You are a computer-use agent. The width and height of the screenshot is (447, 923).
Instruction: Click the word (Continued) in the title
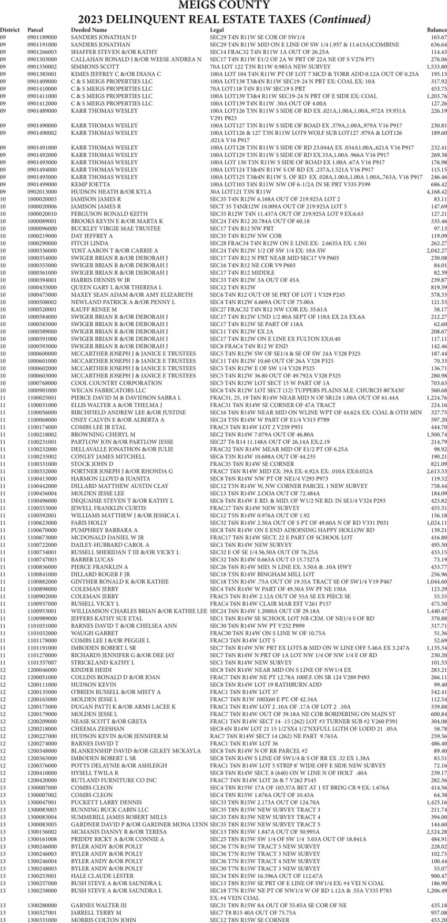click(x=340, y=19)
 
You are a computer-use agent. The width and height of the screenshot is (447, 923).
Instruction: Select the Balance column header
click(x=436, y=31)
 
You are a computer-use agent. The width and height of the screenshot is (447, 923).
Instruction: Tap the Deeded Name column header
click(x=89, y=31)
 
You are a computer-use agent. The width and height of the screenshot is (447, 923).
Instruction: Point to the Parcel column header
click(x=35, y=31)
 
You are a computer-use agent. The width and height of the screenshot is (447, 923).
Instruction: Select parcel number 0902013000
click(x=42, y=192)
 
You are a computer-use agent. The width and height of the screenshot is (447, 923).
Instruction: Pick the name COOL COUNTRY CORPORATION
click(x=109, y=383)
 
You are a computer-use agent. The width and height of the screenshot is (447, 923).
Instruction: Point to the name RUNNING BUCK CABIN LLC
click(x=110, y=810)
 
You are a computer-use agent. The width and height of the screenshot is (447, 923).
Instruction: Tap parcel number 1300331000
click(x=42, y=920)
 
